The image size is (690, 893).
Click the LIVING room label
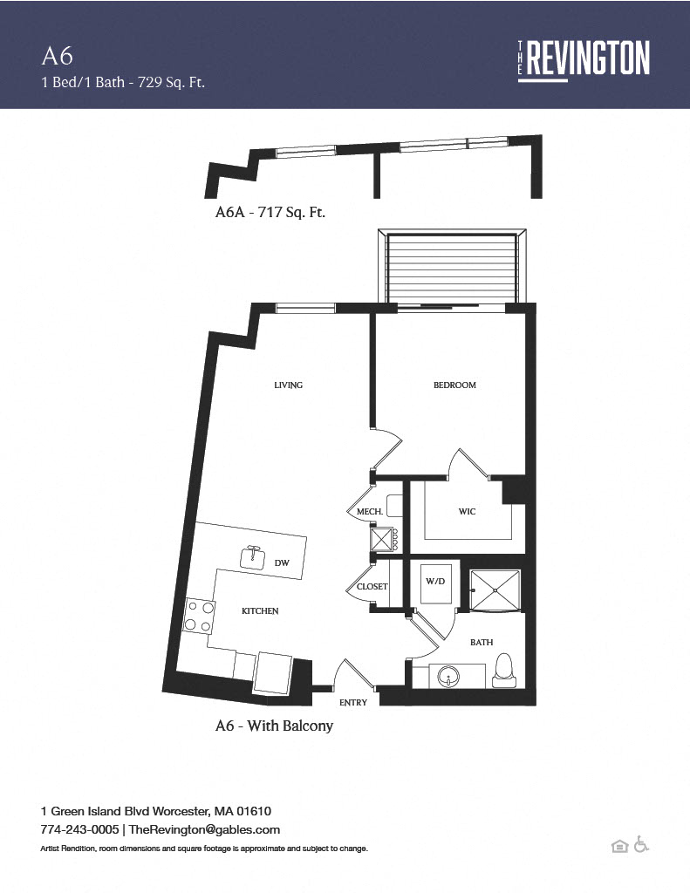289,385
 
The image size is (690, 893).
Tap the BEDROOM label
454,385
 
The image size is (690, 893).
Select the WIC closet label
468,511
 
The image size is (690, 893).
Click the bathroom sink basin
449,677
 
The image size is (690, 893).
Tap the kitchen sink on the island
253,557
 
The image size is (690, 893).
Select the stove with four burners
199,617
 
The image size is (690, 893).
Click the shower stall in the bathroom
495,590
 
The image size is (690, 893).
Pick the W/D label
435,582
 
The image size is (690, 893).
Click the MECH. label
370,511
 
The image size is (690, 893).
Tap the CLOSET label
372,587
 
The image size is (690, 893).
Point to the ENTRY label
353,703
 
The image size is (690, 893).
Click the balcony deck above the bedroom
452,267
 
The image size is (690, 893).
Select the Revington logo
584,60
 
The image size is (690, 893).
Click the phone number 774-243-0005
79,829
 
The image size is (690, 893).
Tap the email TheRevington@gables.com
204,829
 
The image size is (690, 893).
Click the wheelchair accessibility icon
641,844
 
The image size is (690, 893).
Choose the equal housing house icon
619,846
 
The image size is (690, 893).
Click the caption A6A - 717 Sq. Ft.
270,213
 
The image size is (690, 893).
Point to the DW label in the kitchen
282,562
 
